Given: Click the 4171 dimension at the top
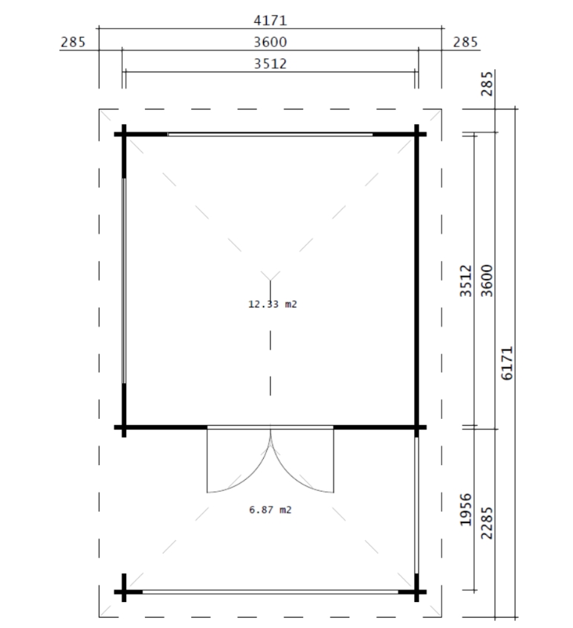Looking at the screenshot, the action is coord(270,20).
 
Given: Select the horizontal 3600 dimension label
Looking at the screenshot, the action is coord(270,42).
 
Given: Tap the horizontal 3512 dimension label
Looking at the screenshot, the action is coord(270,63).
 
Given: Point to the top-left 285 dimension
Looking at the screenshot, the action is coord(73,42).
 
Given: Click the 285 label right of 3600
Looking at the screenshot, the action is coord(465,42).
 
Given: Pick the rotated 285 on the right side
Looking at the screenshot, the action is coord(487,83).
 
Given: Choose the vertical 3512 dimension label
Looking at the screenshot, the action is coord(465,281).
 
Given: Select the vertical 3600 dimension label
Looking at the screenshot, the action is coord(487,281).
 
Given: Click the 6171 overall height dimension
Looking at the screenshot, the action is coord(507,363).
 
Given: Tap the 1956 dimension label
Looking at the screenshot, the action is coord(465,510).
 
